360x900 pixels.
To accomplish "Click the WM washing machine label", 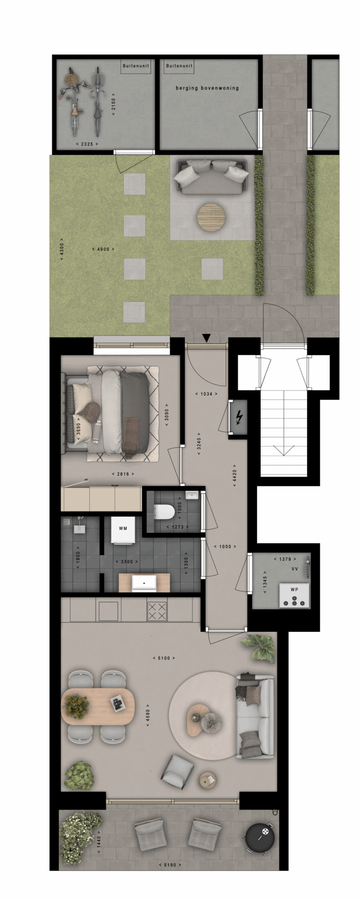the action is pos(123,529).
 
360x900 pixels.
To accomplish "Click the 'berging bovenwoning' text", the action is pos(207,88).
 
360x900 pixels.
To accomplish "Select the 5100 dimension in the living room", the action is pos(164,658).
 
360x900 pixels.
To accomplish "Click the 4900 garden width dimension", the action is pos(103,249).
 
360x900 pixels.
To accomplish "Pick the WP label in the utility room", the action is pos(294,589).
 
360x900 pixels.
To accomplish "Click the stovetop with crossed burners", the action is pos(157,611).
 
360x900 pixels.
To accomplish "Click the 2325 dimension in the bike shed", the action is pos(87,144).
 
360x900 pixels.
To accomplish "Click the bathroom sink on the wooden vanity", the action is pos(144,583).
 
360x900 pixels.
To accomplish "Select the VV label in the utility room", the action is pos(294,568).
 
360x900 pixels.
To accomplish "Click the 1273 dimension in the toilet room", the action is pos(178,527).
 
